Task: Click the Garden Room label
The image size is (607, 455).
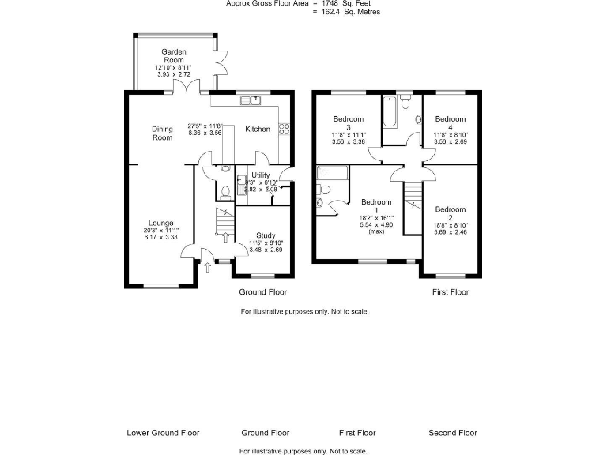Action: [174, 55]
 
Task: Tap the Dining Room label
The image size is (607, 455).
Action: [162, 133]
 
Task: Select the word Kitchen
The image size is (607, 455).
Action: [257, 129]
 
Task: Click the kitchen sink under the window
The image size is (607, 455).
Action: [254, 100]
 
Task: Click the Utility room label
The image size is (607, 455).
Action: [261, 175]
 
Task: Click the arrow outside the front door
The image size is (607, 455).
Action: [207, 268]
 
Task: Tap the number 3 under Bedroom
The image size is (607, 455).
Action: [347, 126]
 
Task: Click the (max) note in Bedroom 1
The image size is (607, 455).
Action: [376, 231]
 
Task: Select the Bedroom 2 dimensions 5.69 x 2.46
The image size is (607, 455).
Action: [450, 233]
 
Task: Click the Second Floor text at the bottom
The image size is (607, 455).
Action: [453, 433]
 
